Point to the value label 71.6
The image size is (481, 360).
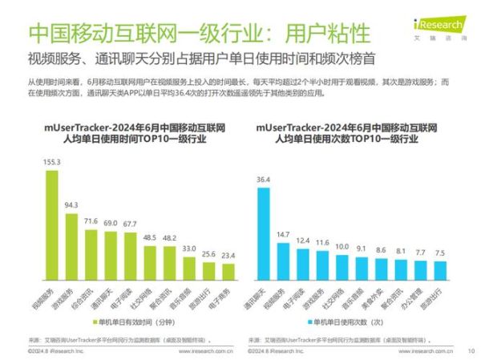[x=91, y=220]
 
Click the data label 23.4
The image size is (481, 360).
[x=228, y=254]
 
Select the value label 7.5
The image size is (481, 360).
[x=440, y=253]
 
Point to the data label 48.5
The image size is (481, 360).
[x=150, y=238]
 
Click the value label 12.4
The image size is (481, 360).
[x=301, y=240]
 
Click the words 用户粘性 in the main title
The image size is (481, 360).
[x=329, y=34]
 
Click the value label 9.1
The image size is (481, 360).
[x=362, y=248]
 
